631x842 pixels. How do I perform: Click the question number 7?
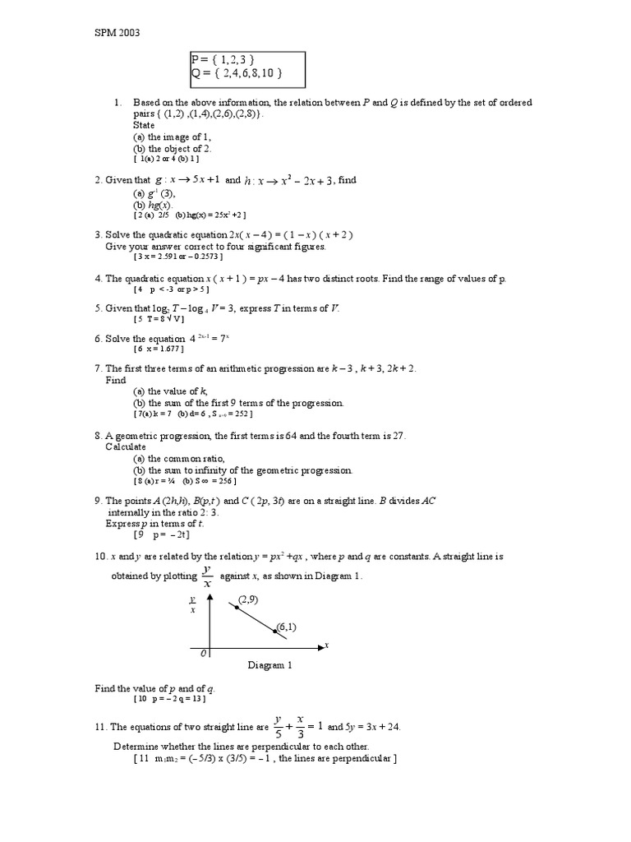coord(98,368)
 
